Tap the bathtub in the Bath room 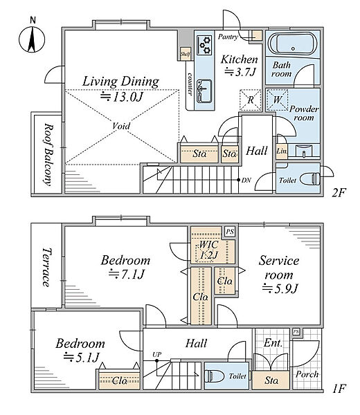coord(292,44)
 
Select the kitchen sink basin coord(204,91)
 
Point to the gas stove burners coord(204,45)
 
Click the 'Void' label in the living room coord(121,126)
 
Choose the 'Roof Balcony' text coord(48,154)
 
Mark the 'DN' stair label coord(246,181)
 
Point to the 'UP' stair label coord(157,354)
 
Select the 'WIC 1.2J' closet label coord(208,250)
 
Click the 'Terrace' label coord(47,267)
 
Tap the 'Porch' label coord(307,374)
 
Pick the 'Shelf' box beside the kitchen coord(186,54)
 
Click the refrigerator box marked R coord(251,100)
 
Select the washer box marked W coord(277,100)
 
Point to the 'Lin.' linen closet coord(281,151)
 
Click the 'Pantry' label coord(228,37)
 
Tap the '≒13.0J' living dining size coord(121,97)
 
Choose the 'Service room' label coord(279,268)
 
